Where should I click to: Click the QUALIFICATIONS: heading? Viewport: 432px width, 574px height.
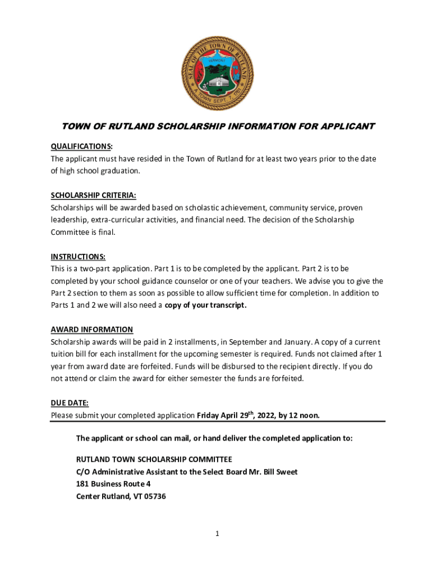(x=81, y=146)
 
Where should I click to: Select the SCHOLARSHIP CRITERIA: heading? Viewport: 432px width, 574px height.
(x=93, y=195)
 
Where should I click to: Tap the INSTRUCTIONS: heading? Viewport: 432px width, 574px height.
(x=78, y=257)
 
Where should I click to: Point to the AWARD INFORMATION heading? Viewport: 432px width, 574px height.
(x=92, y=330)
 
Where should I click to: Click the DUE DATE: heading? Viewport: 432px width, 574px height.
(x=70, y=403)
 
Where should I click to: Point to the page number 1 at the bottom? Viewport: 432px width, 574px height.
(x=217, y=534)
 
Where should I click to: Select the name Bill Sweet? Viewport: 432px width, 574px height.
(x=279, y=472)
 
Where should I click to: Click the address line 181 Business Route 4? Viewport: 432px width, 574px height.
(x=113, y=484)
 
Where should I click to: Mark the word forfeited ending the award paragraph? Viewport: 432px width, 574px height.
(x=287, y=379)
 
